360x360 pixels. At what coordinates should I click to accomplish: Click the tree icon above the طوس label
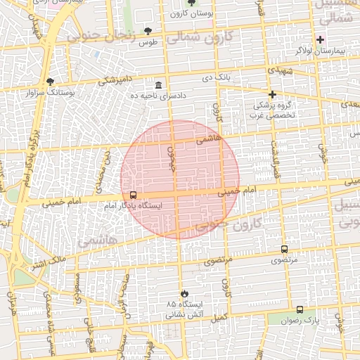pyautogui.click(x=148, y=31)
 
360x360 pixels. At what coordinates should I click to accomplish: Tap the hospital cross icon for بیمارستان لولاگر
pyautogui.click(x=320, y=39)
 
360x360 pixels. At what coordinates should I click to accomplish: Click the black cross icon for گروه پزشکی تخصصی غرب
pyautogui.click(x=272, y=94)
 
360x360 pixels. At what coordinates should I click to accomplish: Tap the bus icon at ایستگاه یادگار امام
pyautogui.click(x=133, y=195)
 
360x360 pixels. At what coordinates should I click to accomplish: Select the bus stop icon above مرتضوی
pyautogui.click(x=284, y=249)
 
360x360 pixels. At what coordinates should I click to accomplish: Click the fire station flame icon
pyautogui.click(x=184, y=292)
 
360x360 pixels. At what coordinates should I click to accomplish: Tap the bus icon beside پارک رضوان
pyautogui.click(x=300, y=309)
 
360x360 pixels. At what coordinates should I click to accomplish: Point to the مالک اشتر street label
pyautogui.click(x=47, y=263)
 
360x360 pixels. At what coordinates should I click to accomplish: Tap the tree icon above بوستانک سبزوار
pyautogui.click(x=50, y=81)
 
